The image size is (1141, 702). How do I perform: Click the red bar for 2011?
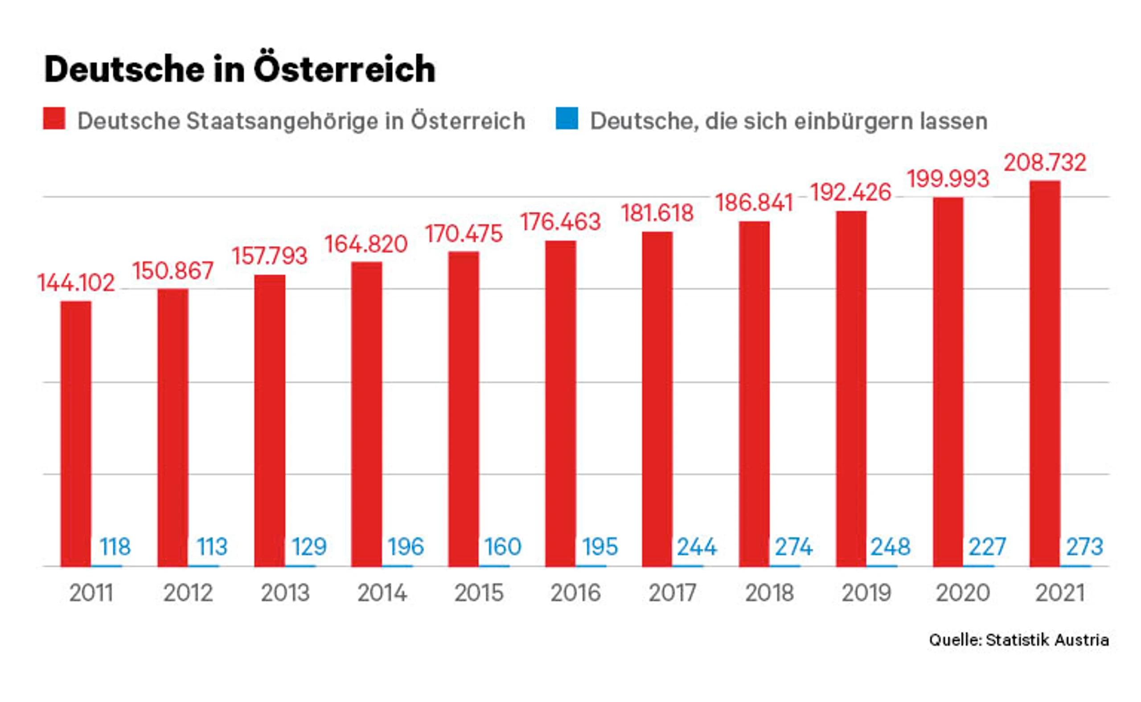point(76,434)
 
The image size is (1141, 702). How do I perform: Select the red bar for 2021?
point(1045,374)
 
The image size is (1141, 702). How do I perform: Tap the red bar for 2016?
point(561,403)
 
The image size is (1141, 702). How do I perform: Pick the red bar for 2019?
point(851,389)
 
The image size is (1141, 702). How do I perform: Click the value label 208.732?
point(1045,163)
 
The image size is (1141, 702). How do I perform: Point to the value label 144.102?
point(76,283)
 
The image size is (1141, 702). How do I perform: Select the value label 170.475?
point(464,234)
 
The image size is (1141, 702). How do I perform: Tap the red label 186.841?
point(754,203)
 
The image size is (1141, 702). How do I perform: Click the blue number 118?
point(115,547)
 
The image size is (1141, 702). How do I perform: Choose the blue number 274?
point(793,547)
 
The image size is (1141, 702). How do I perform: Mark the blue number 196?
point(406,547)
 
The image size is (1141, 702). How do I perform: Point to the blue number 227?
point(987,547)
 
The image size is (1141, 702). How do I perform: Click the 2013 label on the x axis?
point(285,593)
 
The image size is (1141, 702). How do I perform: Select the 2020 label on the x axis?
point(963,593)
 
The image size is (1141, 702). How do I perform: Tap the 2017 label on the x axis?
point(672,593)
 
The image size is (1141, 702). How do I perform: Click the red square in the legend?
point(54,118)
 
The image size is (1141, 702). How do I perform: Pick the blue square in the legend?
point(567,118)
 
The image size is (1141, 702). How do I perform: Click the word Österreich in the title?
point(345,69)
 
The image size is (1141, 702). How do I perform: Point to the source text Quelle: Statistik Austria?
point(1019,640)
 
